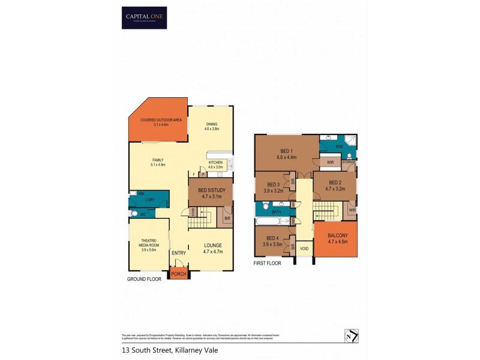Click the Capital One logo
click(144, 17)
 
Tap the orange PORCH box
click(178, 274)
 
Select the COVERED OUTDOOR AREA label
click(157, 121)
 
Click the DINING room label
click(211, 124)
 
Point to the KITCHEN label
click(215, 163)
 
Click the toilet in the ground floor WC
click(134, 213)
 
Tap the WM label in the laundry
click(141, 194)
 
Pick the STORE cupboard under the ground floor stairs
click(193, 211)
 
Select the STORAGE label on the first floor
click(349, 162)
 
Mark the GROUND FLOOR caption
click(145, 279)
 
